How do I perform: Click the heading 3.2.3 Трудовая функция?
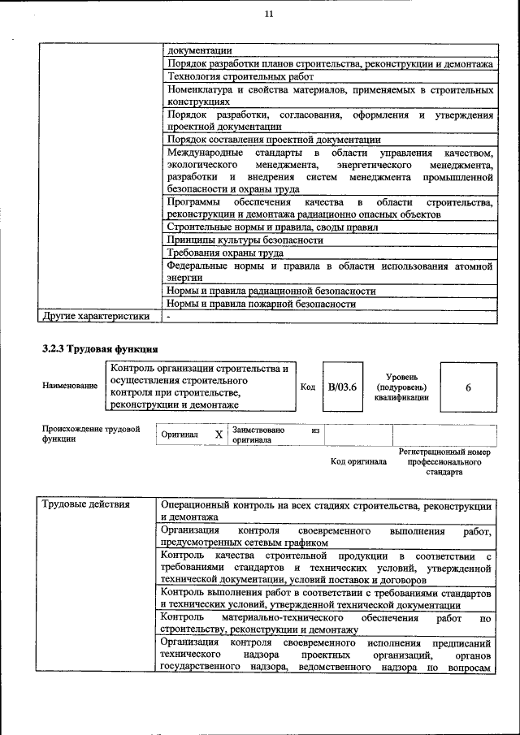tap(100, 349)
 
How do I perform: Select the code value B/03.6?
tap(343, 387)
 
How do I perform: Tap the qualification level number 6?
tap(468, 387)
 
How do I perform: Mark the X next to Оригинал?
tap(219, 435)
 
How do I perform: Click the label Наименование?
tap(70, 387)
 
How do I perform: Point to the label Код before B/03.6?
tap(308, 387)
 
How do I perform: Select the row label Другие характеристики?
tap(96, 316)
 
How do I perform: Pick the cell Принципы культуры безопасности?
tap(245, 240)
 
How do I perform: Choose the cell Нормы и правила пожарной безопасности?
tap(261, 303)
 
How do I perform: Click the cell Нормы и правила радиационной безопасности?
tap(271, 290)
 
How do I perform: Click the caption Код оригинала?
tap(358, 462)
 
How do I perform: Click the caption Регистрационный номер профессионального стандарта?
tap(445, 461)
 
